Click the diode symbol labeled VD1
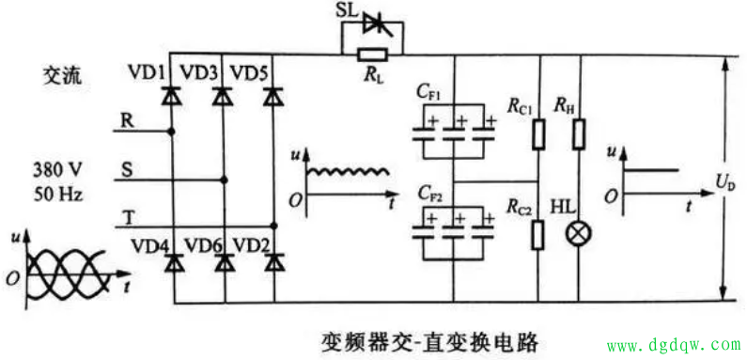(171, 95)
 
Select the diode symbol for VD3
(223, 95)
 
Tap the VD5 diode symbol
(273, 95)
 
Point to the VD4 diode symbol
(171, 264)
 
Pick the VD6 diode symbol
(223, 264)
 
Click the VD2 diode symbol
(273, 264)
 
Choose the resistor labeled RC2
(538, 233)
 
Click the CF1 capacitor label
(429, 92)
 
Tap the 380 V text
(57, 170)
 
